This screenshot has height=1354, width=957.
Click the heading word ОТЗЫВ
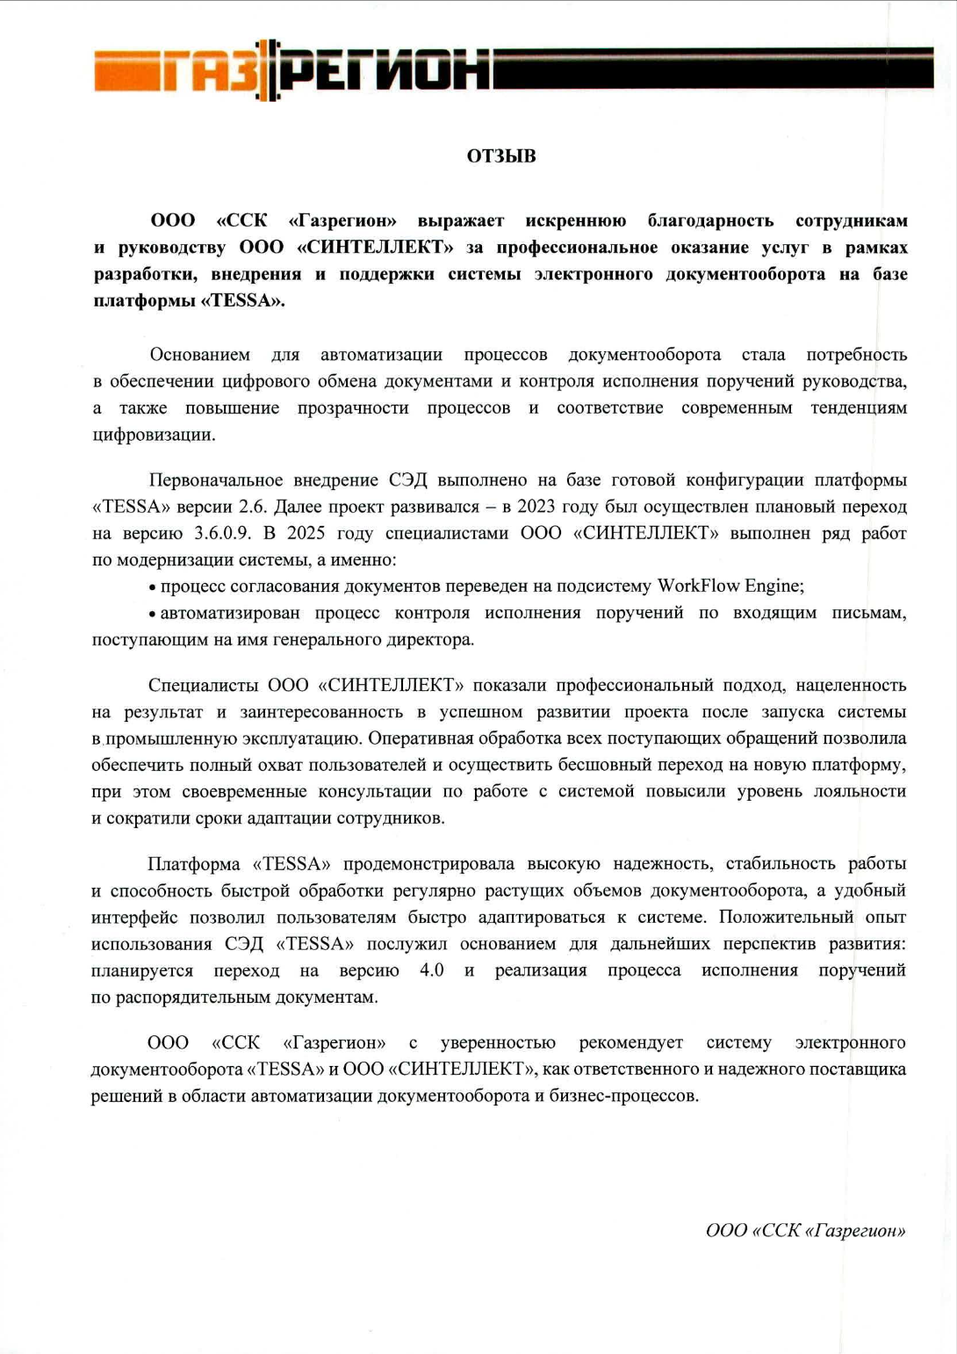[x=501, y=156]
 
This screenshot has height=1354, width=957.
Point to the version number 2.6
[x=253, y=507]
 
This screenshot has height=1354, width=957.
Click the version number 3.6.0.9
[x=222, y=533]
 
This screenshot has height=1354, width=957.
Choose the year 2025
[x=306, y=533]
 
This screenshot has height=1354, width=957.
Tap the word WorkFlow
[x=698, y=586]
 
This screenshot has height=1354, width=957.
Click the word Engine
[x=774, y=586]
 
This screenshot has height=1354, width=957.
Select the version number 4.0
[x=432, y=970]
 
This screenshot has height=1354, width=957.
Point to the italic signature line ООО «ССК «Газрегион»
[x=805, y=1230]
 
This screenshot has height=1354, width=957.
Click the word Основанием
[x=199, y=355]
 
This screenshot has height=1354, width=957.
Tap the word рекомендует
[x=630, y=1043]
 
